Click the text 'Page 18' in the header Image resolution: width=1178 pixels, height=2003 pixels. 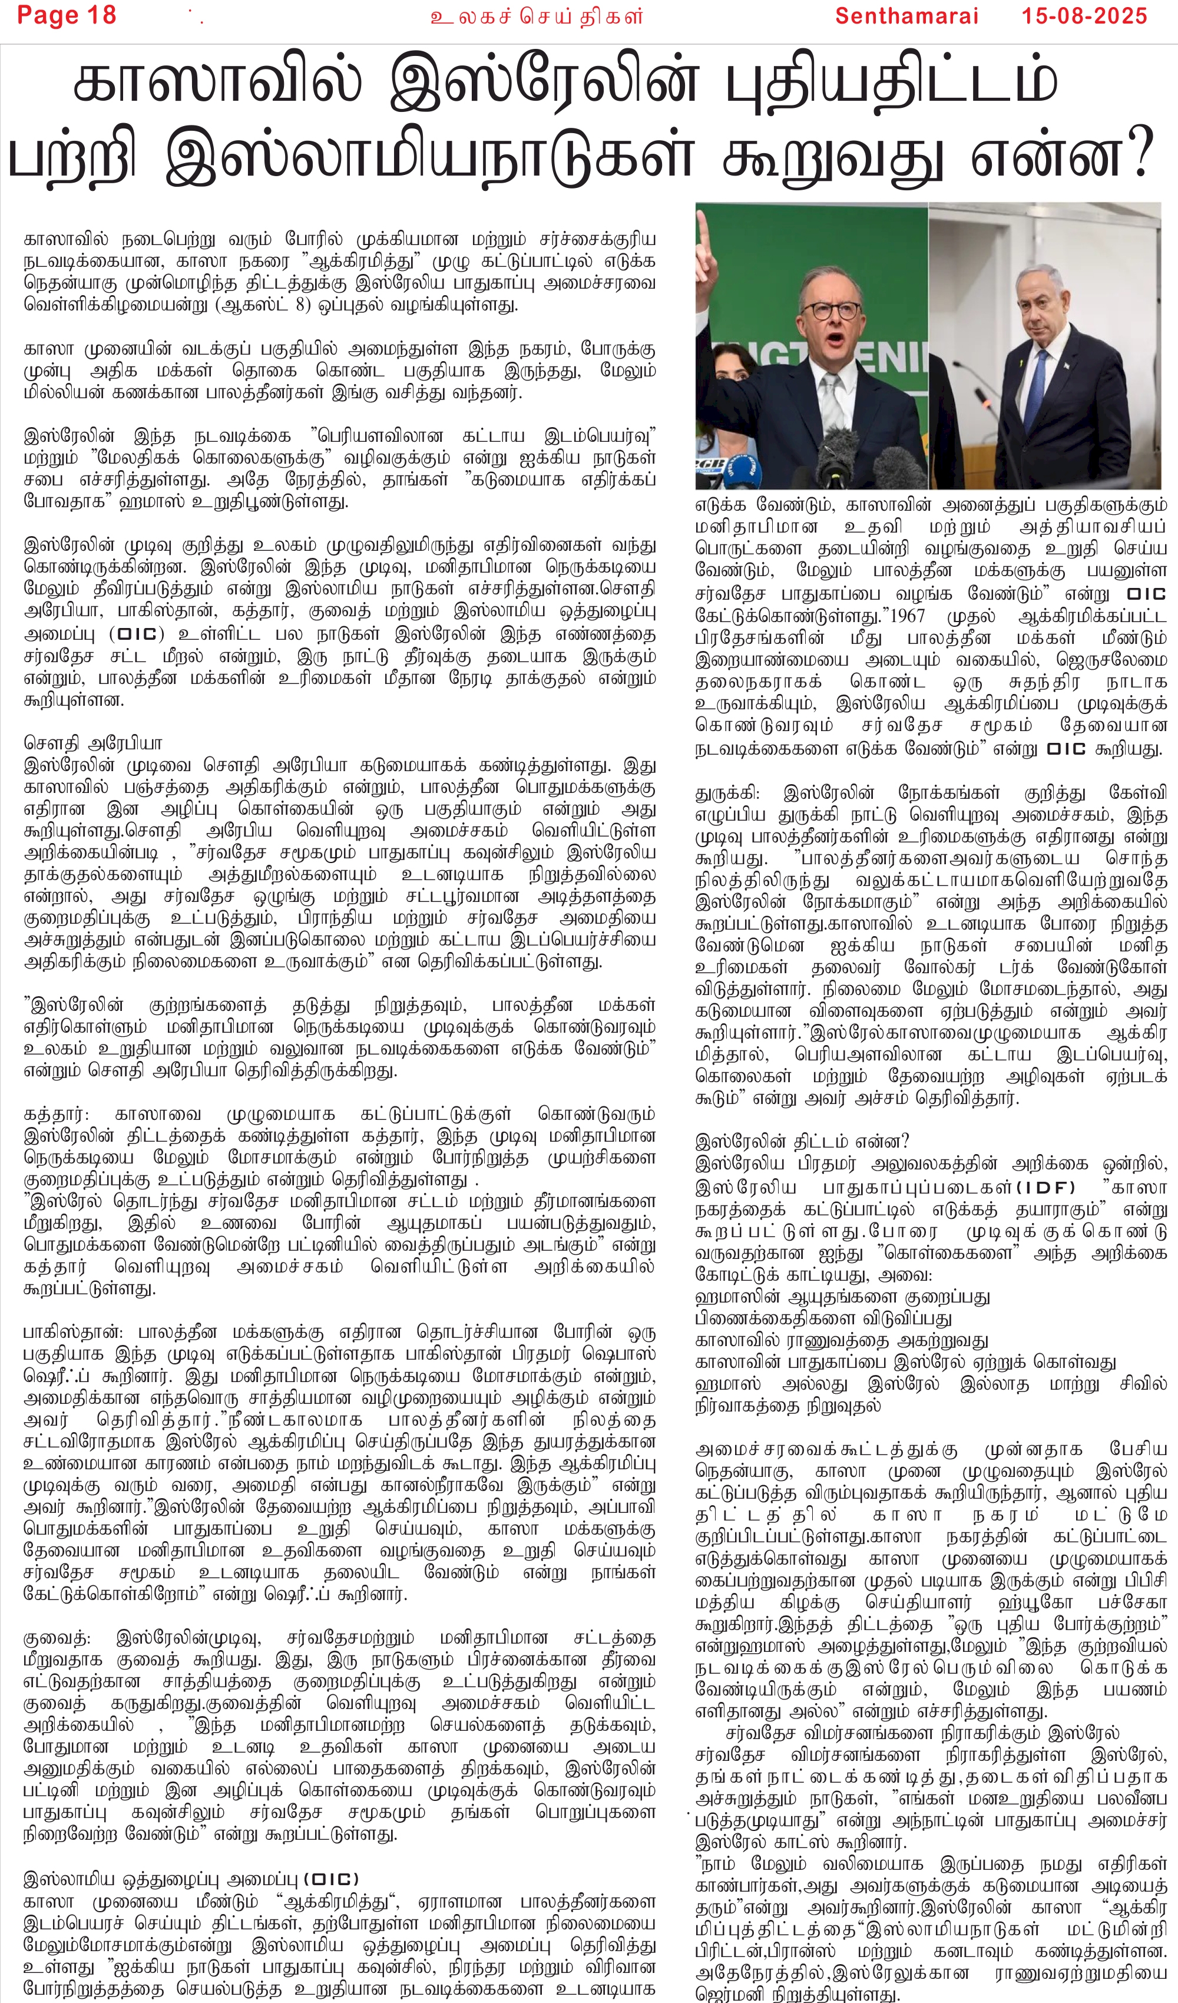pos(66,15)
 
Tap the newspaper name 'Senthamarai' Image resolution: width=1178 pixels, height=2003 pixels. pos(906,16)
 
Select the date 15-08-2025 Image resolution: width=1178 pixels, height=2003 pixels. pos(1084,16)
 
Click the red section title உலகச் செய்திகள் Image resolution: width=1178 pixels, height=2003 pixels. pos(537,16)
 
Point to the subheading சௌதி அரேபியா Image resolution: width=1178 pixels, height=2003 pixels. pos(93,744)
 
